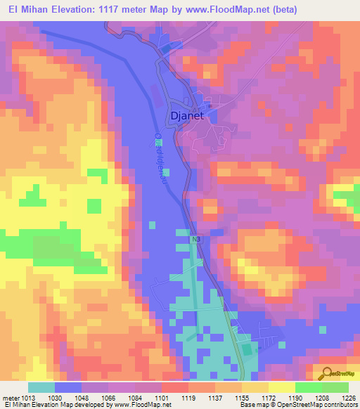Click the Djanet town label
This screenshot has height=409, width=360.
187,117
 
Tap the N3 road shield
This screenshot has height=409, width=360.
195,240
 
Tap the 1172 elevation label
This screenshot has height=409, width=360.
269,397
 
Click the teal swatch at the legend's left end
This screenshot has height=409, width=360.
41,387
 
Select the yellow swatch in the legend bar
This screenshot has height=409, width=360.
281,387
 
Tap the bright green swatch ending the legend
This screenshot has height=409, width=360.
335,387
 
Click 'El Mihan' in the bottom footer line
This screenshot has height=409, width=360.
17,405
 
